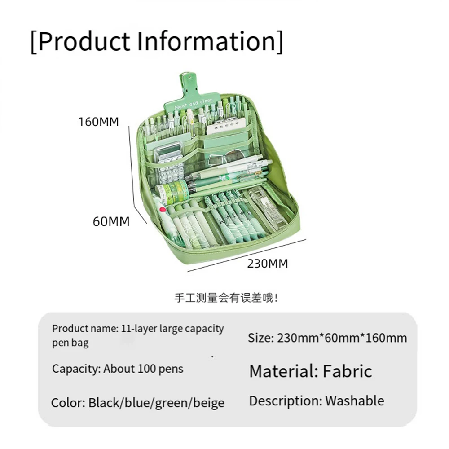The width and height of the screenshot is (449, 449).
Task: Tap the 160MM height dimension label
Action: click(99, 122)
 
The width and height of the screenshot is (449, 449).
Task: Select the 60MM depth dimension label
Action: click(111, 221)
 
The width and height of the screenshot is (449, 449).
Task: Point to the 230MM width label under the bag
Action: click(267, 263)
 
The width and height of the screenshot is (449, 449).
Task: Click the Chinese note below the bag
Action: click(226, 298)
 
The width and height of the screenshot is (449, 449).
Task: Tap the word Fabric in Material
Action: click(348, 371)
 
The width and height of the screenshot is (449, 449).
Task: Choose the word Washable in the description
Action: click(355, 401)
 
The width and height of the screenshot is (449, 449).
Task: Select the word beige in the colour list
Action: click(209, 402)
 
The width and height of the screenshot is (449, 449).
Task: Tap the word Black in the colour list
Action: click(104, 402)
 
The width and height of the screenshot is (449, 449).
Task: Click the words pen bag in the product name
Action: click(70, 343)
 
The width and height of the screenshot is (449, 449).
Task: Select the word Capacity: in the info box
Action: click(76, 369)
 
